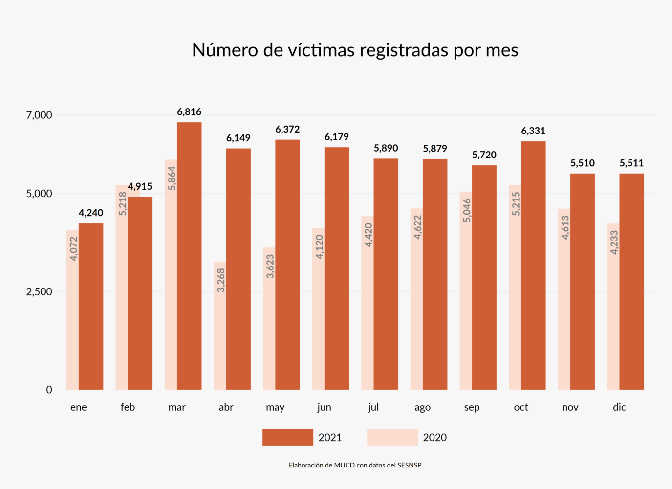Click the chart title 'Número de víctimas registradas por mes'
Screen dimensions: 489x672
(355, 50)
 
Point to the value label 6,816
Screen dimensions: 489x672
(189, 112)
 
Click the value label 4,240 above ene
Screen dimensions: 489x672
(91, 213)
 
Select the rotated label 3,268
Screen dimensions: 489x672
(221, 280)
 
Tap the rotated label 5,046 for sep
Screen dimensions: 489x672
(467, 210)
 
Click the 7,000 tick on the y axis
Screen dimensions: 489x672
(39, 115)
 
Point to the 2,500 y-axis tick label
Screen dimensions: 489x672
(39, 292)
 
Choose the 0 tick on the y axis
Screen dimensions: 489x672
(49, 390)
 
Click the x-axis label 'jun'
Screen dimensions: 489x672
(324, 407)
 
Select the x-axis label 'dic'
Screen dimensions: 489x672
(619, 407)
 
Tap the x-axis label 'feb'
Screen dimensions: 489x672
(128, 407)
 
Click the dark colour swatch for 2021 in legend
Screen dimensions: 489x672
(287, 437)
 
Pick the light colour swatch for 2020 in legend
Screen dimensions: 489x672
(392, 437)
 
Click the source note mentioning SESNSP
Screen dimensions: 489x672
(355, 465)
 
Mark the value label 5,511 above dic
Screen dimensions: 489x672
(631, 163)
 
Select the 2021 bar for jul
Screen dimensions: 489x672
(386, 274)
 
